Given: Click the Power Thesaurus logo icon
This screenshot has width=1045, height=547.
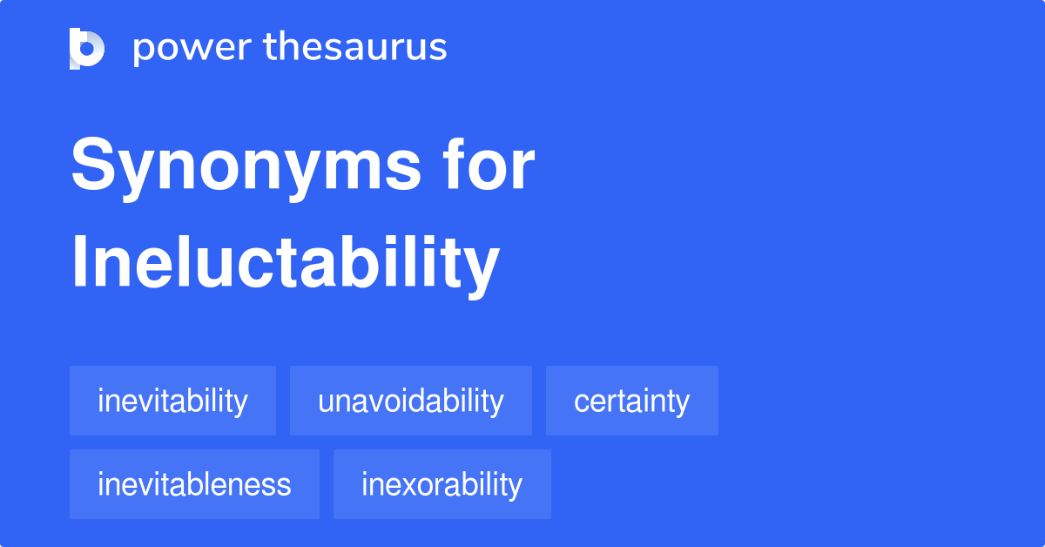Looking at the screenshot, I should pyautogui.click(x=87, y=48).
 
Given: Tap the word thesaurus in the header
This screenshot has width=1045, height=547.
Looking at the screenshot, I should pyautogui.click(x=355, y=48).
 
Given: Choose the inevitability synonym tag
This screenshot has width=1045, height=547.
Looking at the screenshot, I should pyautogui.click(x=172, y=402).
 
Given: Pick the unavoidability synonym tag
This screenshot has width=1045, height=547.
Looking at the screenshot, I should pyautogui.click(x=410, y=402).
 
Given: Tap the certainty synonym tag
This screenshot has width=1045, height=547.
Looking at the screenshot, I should pyautogui.click(x=631, y=402).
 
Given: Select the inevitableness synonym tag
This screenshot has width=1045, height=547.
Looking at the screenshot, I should pyautogui.click(x=194, y=484).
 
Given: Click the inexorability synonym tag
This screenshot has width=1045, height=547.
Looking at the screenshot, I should pyautogui.click(x=442, y=484).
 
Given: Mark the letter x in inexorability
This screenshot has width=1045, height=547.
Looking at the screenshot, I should pyautogui.click(x=403, y=485).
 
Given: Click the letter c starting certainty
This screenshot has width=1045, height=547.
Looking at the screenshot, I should pyautogui.click(x=580, y=403).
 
